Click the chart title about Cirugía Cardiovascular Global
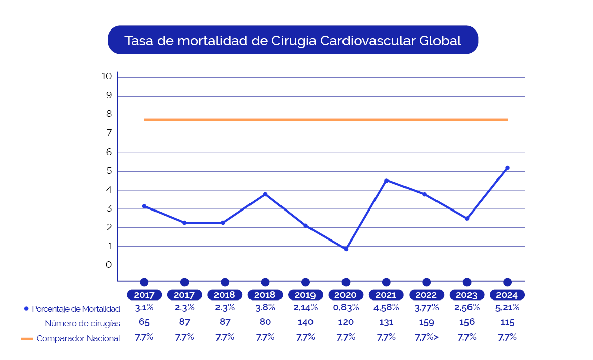click(x=293, y=41)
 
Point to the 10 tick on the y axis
click(x=107, y=76)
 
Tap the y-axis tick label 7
click(x=109, y=133)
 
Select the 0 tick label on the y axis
click(x=109, y=265)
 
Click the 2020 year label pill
click(x=346, y=295)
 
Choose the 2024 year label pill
click(x=507, y=295)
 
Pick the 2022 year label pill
click(x=426, y=295)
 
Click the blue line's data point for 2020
click(x=346, y=249)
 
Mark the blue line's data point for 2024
click(x=507, y=168)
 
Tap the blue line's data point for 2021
click(x=386, y=181)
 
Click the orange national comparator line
click(x=325, y=119)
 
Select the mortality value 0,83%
click(x=346, y=307)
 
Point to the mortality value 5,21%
click(x=507, y=307)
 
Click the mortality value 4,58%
click(x=386, y=307)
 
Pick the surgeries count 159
click(x=426, y=322)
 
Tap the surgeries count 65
click(x=144, y=322)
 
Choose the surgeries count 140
click(x=305, y=322)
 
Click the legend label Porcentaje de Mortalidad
click(x=76, y=309)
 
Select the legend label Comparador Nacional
click(x=78, y=338)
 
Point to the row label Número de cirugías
click(x=82, y=323)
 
